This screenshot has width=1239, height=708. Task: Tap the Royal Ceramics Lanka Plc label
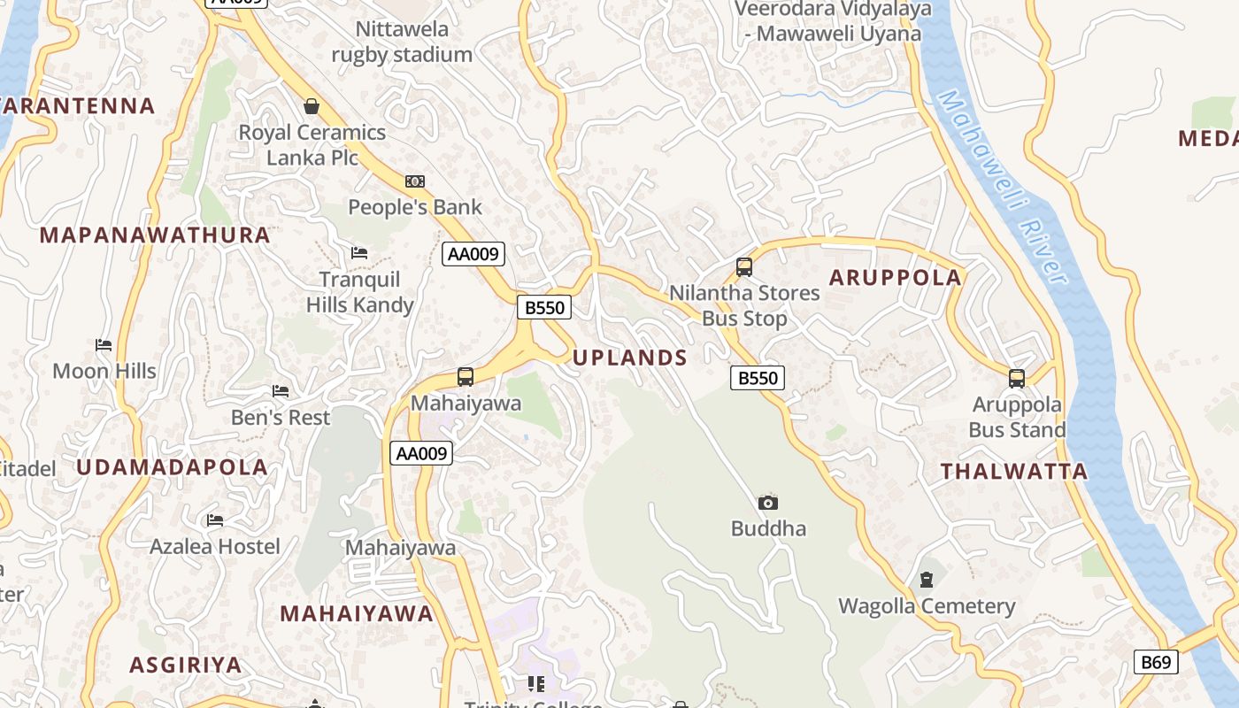[x=312, y=145]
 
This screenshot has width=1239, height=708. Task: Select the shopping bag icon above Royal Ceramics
[x=312, y=107]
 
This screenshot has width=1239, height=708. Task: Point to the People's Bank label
[x=415, y=207]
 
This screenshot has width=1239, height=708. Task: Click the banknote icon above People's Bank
[x=415, y=181]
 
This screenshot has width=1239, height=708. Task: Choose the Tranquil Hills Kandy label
[x=360, y=292]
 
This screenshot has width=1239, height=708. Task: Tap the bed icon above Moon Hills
[x=104, y=344]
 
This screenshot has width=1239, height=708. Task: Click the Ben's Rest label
[x=281, y=417]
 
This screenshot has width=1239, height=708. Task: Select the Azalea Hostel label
[x=215, y=546]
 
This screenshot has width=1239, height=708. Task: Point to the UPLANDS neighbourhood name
[x=630, y=358]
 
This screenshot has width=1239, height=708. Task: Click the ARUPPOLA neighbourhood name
[x=895, y=278]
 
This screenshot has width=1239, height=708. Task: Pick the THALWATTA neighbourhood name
[x=1014, y=472]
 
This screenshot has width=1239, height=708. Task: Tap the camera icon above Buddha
[x=768, y=503]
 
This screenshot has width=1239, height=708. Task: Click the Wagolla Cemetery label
[x=927, y=606]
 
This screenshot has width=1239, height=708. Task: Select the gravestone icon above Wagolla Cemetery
[x=927, y=581]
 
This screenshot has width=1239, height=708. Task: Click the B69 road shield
[x=1156, y=661]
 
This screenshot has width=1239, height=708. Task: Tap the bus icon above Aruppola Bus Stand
[x=1017, y=379]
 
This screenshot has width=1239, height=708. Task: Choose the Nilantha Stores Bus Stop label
[x=744, y=305]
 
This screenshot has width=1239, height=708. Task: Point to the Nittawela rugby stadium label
[x=402, y=42]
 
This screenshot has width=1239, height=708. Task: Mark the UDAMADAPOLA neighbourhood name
[x=172, y=467]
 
